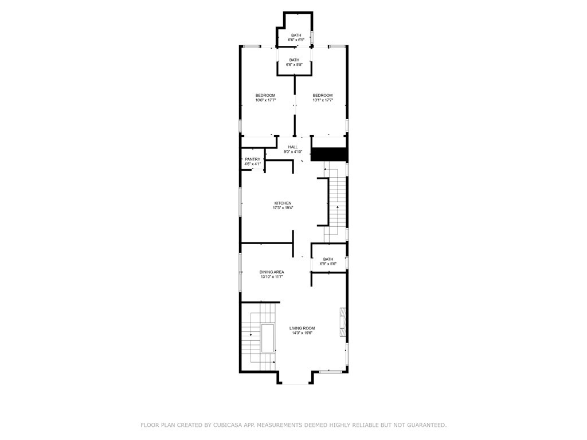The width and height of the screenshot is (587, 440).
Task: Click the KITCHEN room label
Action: [283, 203]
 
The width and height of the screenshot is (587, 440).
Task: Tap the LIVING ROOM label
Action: [302, 328]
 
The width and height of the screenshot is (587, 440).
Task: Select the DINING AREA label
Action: [272, 272]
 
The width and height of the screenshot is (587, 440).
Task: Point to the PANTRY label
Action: [253, 159]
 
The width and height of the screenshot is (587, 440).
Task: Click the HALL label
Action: [293, 147]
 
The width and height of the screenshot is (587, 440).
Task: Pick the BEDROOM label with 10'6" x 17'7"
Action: [265, 96]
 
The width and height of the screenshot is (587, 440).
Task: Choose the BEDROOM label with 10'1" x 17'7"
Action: [323, 96]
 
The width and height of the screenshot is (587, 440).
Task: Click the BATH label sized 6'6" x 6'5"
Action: [296, 35]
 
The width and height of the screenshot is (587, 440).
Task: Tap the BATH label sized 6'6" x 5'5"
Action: [294, 60]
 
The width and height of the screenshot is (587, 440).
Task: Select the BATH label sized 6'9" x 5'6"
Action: [328, 259]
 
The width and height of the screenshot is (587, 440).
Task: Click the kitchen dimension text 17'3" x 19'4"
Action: [283, 207]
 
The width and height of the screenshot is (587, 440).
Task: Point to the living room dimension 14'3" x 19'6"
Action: [302, 333]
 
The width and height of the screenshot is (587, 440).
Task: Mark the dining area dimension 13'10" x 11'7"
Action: [272, 277]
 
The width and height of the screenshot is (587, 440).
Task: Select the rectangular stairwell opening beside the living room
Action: [268, 338]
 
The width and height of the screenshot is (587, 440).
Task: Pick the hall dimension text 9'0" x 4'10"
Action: [293, 152]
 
